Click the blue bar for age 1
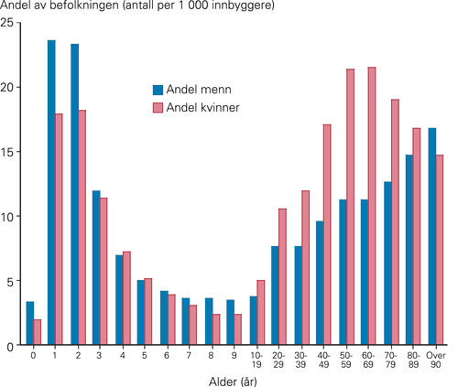point(51,193)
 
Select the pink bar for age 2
point(82,228)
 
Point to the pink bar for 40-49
point(327,234)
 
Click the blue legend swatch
point(158,90)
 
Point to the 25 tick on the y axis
point(10,23)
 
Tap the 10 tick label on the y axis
point(10,217)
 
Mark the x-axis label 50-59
point(347,358)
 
